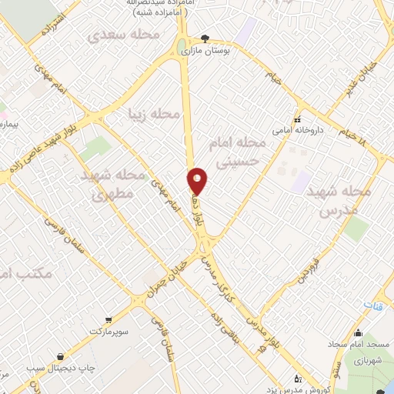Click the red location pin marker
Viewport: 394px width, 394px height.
198,180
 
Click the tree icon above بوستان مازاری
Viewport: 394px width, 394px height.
204,38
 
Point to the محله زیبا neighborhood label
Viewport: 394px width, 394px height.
155,115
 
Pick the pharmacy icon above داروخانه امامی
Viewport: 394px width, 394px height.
297,121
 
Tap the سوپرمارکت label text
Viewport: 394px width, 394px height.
110,331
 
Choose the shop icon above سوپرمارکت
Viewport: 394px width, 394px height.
110,319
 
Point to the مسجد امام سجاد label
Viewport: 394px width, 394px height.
359,345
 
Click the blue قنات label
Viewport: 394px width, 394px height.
372,306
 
